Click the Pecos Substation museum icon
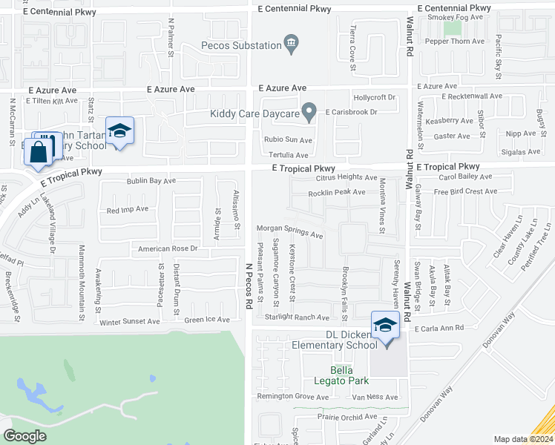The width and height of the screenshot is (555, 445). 292,44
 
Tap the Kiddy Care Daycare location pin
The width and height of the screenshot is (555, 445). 311,113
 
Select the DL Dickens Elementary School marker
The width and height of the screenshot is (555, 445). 385,327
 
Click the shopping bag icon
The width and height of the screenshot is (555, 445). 38,152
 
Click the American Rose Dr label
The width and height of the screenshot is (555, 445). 168,249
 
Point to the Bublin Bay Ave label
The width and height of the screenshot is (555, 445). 151,180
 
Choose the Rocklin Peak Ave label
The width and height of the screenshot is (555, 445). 338,192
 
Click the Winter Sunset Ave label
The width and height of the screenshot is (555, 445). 130,321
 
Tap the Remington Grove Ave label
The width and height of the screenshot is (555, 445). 292,397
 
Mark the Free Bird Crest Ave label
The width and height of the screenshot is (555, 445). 465,191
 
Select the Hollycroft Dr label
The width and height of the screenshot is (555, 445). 375,97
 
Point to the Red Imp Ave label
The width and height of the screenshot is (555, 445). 128,211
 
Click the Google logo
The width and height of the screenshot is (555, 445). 25,436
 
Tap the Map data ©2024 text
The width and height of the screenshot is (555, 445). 523,439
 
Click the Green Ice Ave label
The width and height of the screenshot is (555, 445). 208,320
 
